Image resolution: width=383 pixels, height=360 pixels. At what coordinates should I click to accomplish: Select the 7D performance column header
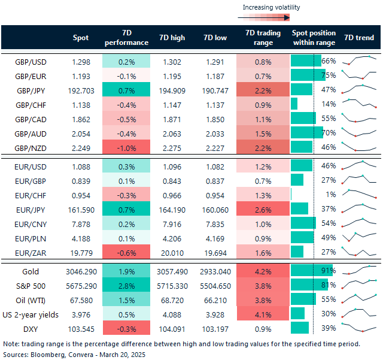point(126,38)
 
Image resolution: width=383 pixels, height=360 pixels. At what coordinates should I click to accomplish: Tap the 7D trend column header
point(360,38)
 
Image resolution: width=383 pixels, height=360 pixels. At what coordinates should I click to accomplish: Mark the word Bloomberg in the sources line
point(48,355)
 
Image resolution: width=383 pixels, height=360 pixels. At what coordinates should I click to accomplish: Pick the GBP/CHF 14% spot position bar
point(294,104)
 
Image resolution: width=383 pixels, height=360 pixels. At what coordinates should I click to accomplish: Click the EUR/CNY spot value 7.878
point(81,223)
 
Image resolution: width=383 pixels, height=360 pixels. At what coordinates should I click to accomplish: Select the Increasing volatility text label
point(271,7)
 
